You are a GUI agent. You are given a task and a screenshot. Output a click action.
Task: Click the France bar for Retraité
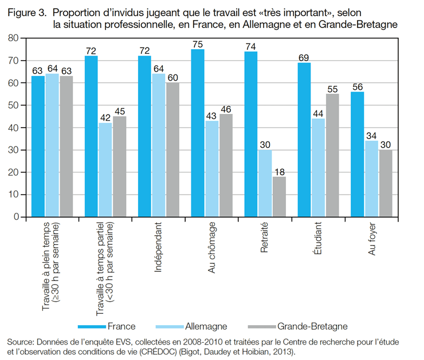[251, 134]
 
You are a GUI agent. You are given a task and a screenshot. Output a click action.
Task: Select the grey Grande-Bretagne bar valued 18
[279, 197]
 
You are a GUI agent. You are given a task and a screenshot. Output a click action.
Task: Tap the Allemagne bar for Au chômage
[212, 169]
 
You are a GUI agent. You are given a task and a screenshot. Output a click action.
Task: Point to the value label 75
[198, 44]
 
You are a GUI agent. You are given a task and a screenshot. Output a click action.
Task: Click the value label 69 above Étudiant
[304, 58]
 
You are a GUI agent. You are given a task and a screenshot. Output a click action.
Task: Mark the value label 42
[105, 118]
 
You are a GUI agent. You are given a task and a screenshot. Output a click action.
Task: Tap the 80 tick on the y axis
[12, 38]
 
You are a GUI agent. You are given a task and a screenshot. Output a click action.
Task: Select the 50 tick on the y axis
[12, 105]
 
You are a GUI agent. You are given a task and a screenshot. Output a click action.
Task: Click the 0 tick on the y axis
[15, 217]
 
